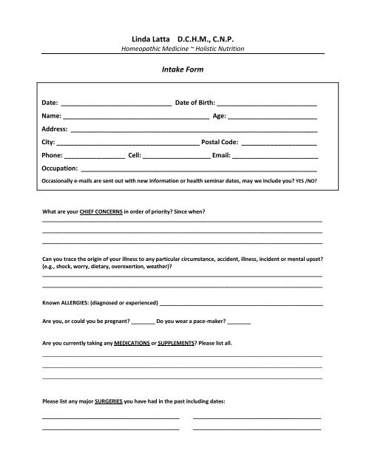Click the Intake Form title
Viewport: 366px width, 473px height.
pyautogui.click(x=182, y=72)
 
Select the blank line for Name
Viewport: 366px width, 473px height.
pyautogui.click(x=136, y=118)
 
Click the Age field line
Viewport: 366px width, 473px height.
pyautogui.click(x=273, y=118)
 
